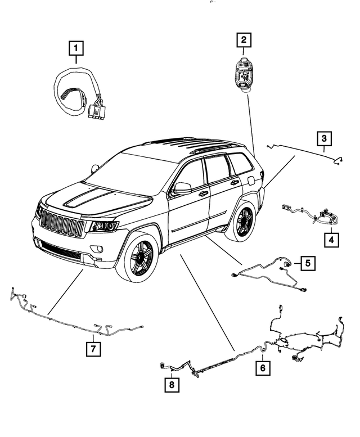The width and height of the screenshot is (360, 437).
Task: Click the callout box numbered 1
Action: coord(76,49)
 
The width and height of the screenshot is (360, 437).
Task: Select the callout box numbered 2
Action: coord(244,40)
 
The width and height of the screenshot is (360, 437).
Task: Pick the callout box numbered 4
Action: coord(331,240)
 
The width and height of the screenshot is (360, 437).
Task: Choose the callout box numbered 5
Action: coord(308,262)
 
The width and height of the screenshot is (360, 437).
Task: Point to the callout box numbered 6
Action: coord(262,369)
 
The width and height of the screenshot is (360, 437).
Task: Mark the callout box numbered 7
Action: coord(93,349)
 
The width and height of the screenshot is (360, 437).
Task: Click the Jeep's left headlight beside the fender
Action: coord(104,227)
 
